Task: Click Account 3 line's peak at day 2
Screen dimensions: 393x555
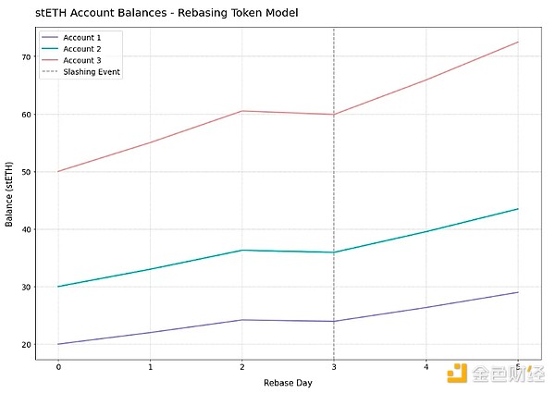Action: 242,111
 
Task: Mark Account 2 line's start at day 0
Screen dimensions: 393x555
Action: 58,287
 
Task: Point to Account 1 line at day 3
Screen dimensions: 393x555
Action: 334,321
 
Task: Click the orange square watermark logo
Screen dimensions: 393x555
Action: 457,374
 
